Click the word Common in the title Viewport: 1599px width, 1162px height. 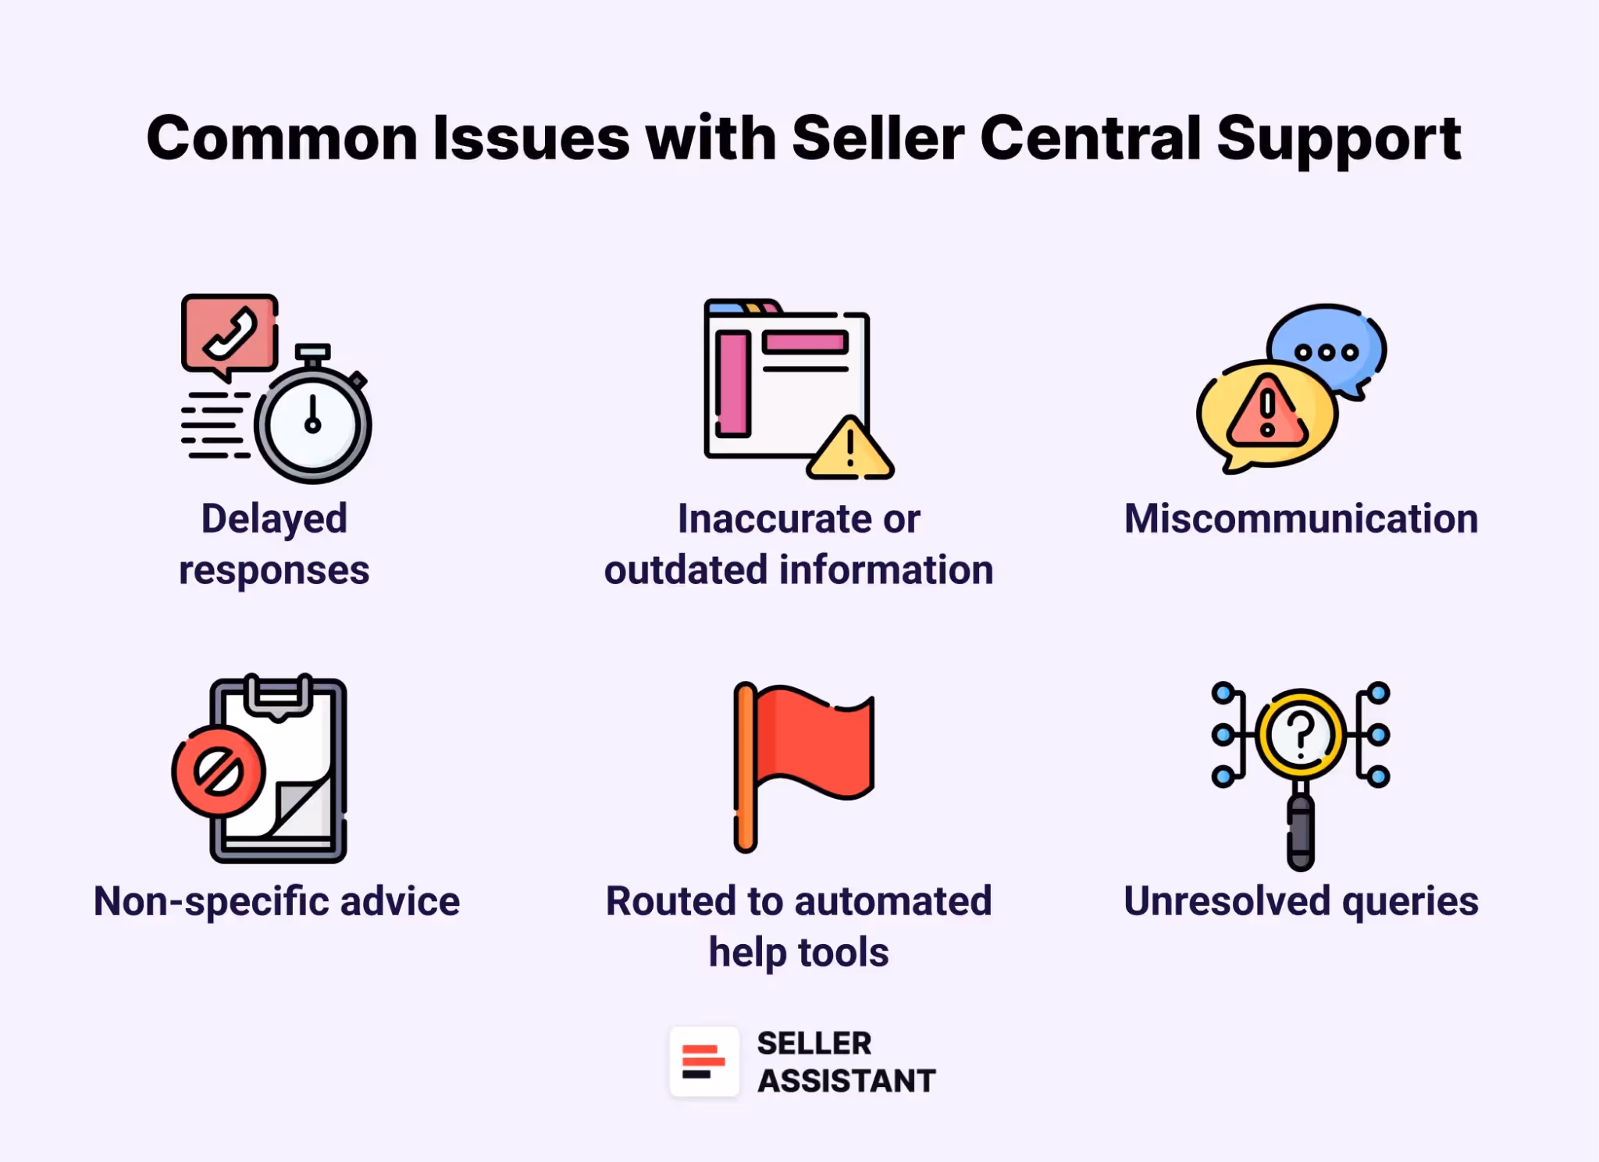[282, 138]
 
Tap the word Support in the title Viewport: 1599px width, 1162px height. [1338, 138]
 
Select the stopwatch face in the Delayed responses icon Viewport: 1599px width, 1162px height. [312, 426]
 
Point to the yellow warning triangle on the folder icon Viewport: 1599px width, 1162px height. [849, 451]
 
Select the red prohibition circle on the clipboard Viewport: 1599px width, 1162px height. [219, 772]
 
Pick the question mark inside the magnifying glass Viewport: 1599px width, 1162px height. [1301, 734]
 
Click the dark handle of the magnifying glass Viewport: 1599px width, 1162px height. [1301, 832]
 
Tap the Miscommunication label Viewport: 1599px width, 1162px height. [1301, 519]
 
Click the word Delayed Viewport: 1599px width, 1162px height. [274, 519]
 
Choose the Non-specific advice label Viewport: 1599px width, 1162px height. [276, 901]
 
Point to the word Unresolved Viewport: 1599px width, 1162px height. [1227, 901]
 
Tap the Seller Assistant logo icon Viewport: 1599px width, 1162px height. [704, 1061]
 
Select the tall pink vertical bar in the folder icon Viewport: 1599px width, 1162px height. [732, 383]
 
